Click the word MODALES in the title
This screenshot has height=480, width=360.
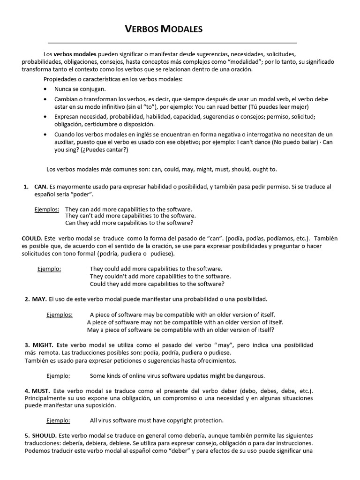click(181, 30)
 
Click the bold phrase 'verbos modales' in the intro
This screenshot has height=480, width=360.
click(75, 54)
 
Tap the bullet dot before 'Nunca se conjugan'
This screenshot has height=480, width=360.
click(45, 89)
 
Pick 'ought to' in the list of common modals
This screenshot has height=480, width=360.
click(271, 169)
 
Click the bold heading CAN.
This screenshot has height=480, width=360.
click(40, 187)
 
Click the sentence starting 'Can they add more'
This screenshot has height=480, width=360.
click(129, 223)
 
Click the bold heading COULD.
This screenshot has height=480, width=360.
click(32, 238)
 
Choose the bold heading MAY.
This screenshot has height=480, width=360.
click(39, 299)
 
